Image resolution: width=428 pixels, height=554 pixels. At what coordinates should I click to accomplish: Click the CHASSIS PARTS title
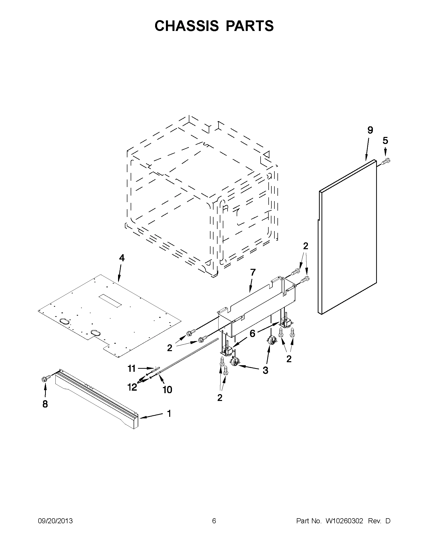(x=214, y=26)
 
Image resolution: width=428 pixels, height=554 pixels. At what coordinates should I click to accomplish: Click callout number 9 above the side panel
(x=370, y=130)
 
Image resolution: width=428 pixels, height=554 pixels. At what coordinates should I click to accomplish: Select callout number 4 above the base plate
(x=122, y=258)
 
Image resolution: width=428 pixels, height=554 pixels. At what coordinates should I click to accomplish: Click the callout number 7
(x=253, y=272)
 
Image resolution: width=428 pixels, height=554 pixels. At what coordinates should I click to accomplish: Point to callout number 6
(x=252, y=334)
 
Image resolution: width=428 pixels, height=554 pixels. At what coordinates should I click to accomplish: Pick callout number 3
(x=265, y=370)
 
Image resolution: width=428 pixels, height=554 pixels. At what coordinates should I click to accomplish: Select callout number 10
(x=167, y=389)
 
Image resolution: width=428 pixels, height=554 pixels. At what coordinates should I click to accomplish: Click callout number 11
(x=131, y=368)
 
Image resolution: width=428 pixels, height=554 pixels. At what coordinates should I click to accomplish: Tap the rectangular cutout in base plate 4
(x=110, y=301)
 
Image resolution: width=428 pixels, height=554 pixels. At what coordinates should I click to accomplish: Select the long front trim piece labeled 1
(x=96, y=399)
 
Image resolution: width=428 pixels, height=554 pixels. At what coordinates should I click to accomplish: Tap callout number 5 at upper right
(x=385, y=140)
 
